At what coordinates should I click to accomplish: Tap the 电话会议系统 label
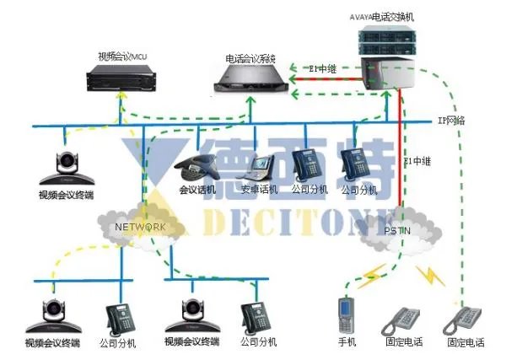[250, 58]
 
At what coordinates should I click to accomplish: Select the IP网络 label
[451, 121]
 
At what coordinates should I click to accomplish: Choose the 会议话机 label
[197, 191]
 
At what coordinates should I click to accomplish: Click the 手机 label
[347, 342]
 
